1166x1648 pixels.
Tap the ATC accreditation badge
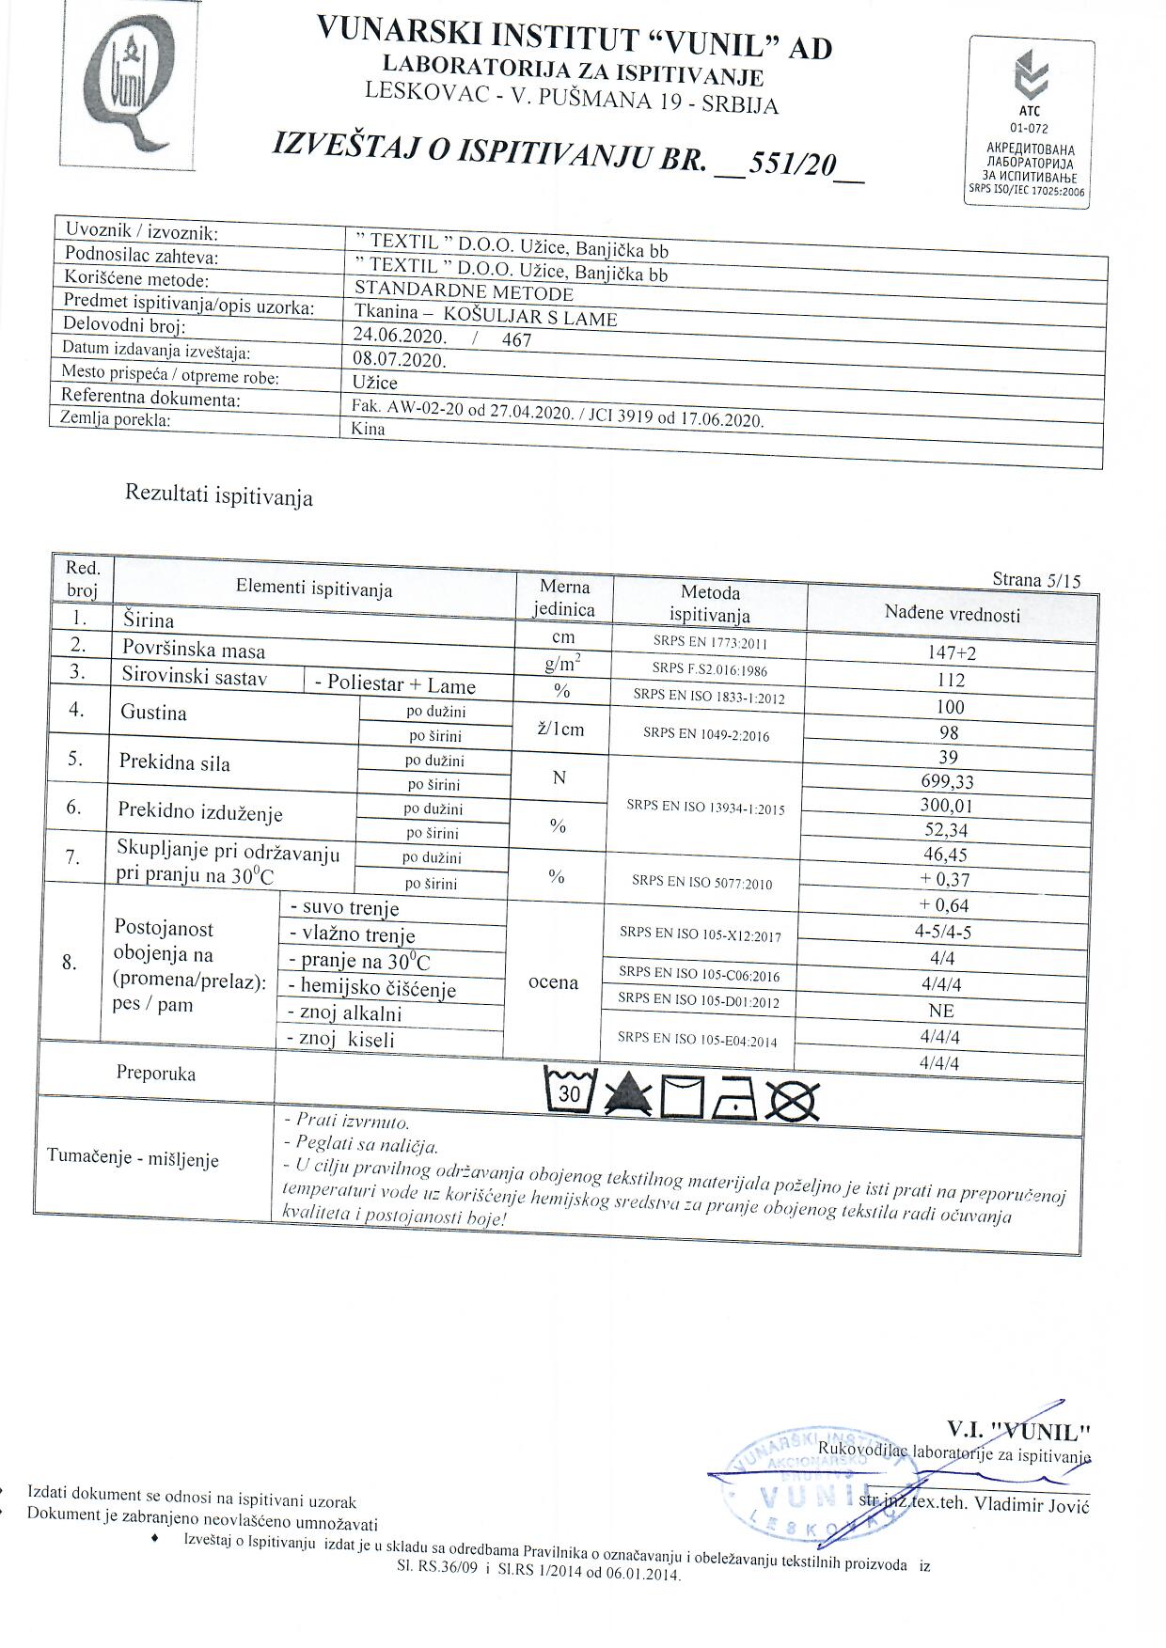click(x=1032, y=122)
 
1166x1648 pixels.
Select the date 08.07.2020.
click(x=399, y=359)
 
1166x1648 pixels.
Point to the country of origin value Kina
click(x=368, y=429)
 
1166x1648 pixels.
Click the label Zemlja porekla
click(x=115, y=419)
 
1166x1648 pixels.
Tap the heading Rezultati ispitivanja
click(x=218, y=495)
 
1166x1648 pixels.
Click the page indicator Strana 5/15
click(x=1036, y=580)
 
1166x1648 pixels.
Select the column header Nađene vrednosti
click(x=952, y=615)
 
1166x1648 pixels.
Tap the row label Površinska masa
click(x=194, y=650)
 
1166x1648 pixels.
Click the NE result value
click(x=940, y=1011)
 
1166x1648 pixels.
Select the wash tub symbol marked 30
click(x=571, y=1091)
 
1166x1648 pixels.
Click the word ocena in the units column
click(x=553, y=982)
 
